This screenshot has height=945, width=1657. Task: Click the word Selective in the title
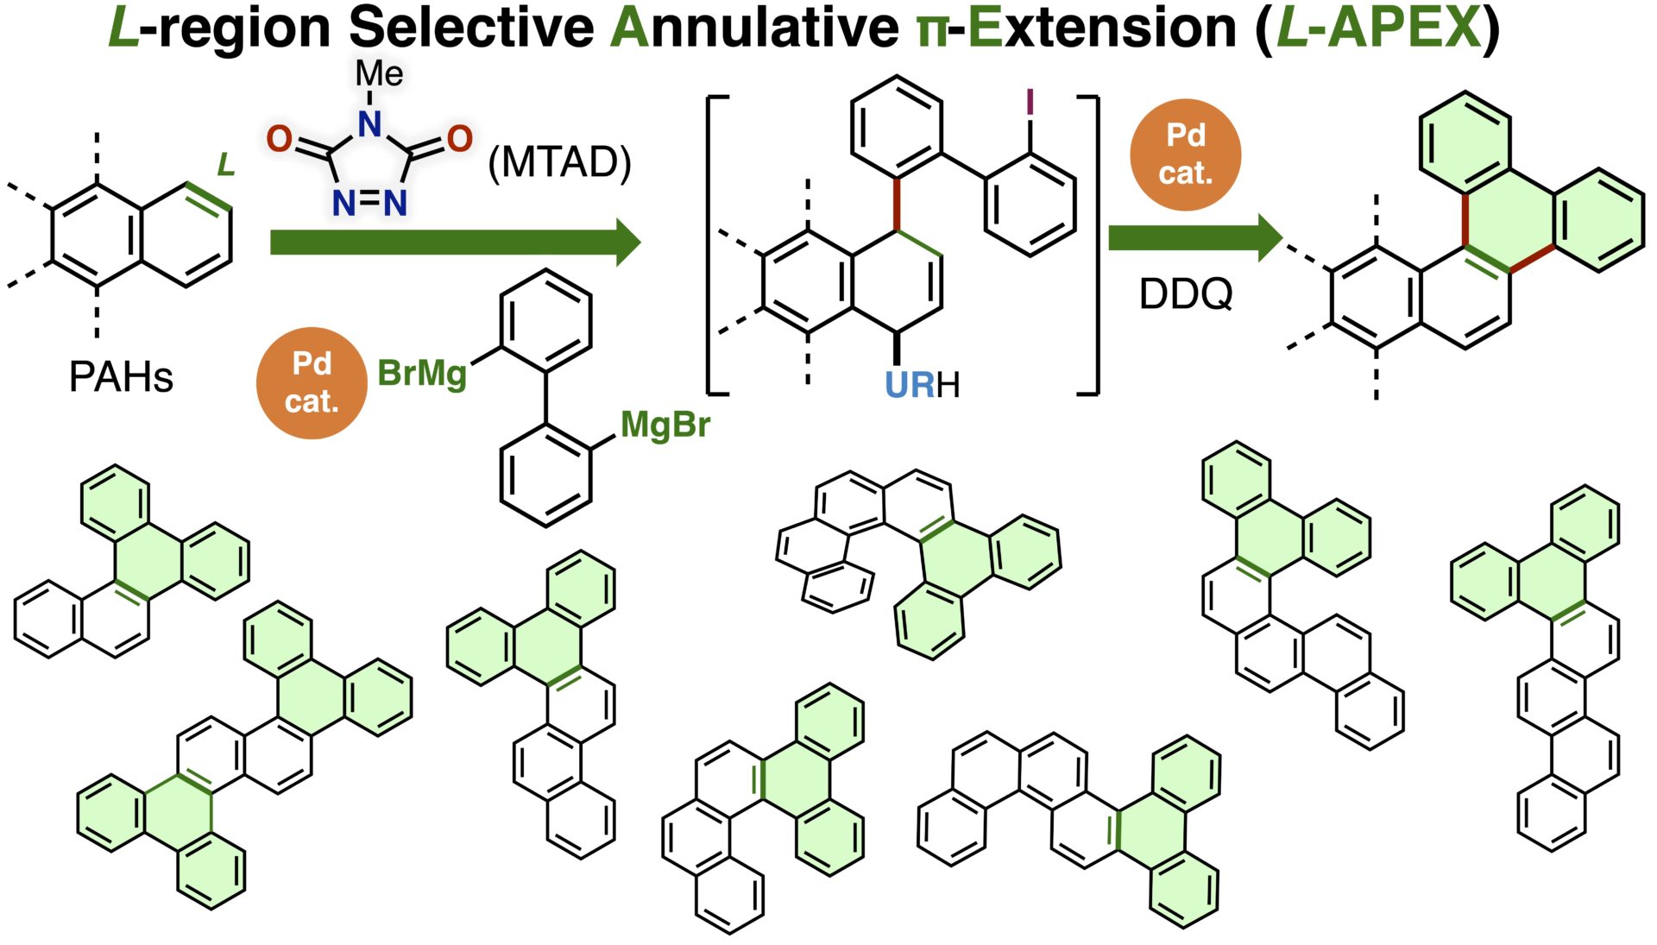click(471, 28)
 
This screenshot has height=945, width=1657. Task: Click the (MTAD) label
click(559, 162)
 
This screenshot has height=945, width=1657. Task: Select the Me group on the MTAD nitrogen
click(379, 74)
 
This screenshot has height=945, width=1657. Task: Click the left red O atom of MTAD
click(279, 139)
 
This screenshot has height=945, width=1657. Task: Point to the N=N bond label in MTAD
click(369, 204)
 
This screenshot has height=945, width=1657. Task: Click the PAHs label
click(121, 377)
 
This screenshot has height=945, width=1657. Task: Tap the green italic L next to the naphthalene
click(226, 164)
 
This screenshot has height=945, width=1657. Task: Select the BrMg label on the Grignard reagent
click(422, 374)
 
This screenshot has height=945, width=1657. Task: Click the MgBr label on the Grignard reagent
click(665, 425)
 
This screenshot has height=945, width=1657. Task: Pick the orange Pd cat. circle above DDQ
click(1185, 154)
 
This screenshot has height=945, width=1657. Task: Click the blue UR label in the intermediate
click(910, 385)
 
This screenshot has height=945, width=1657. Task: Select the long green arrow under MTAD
click(455, 243)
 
